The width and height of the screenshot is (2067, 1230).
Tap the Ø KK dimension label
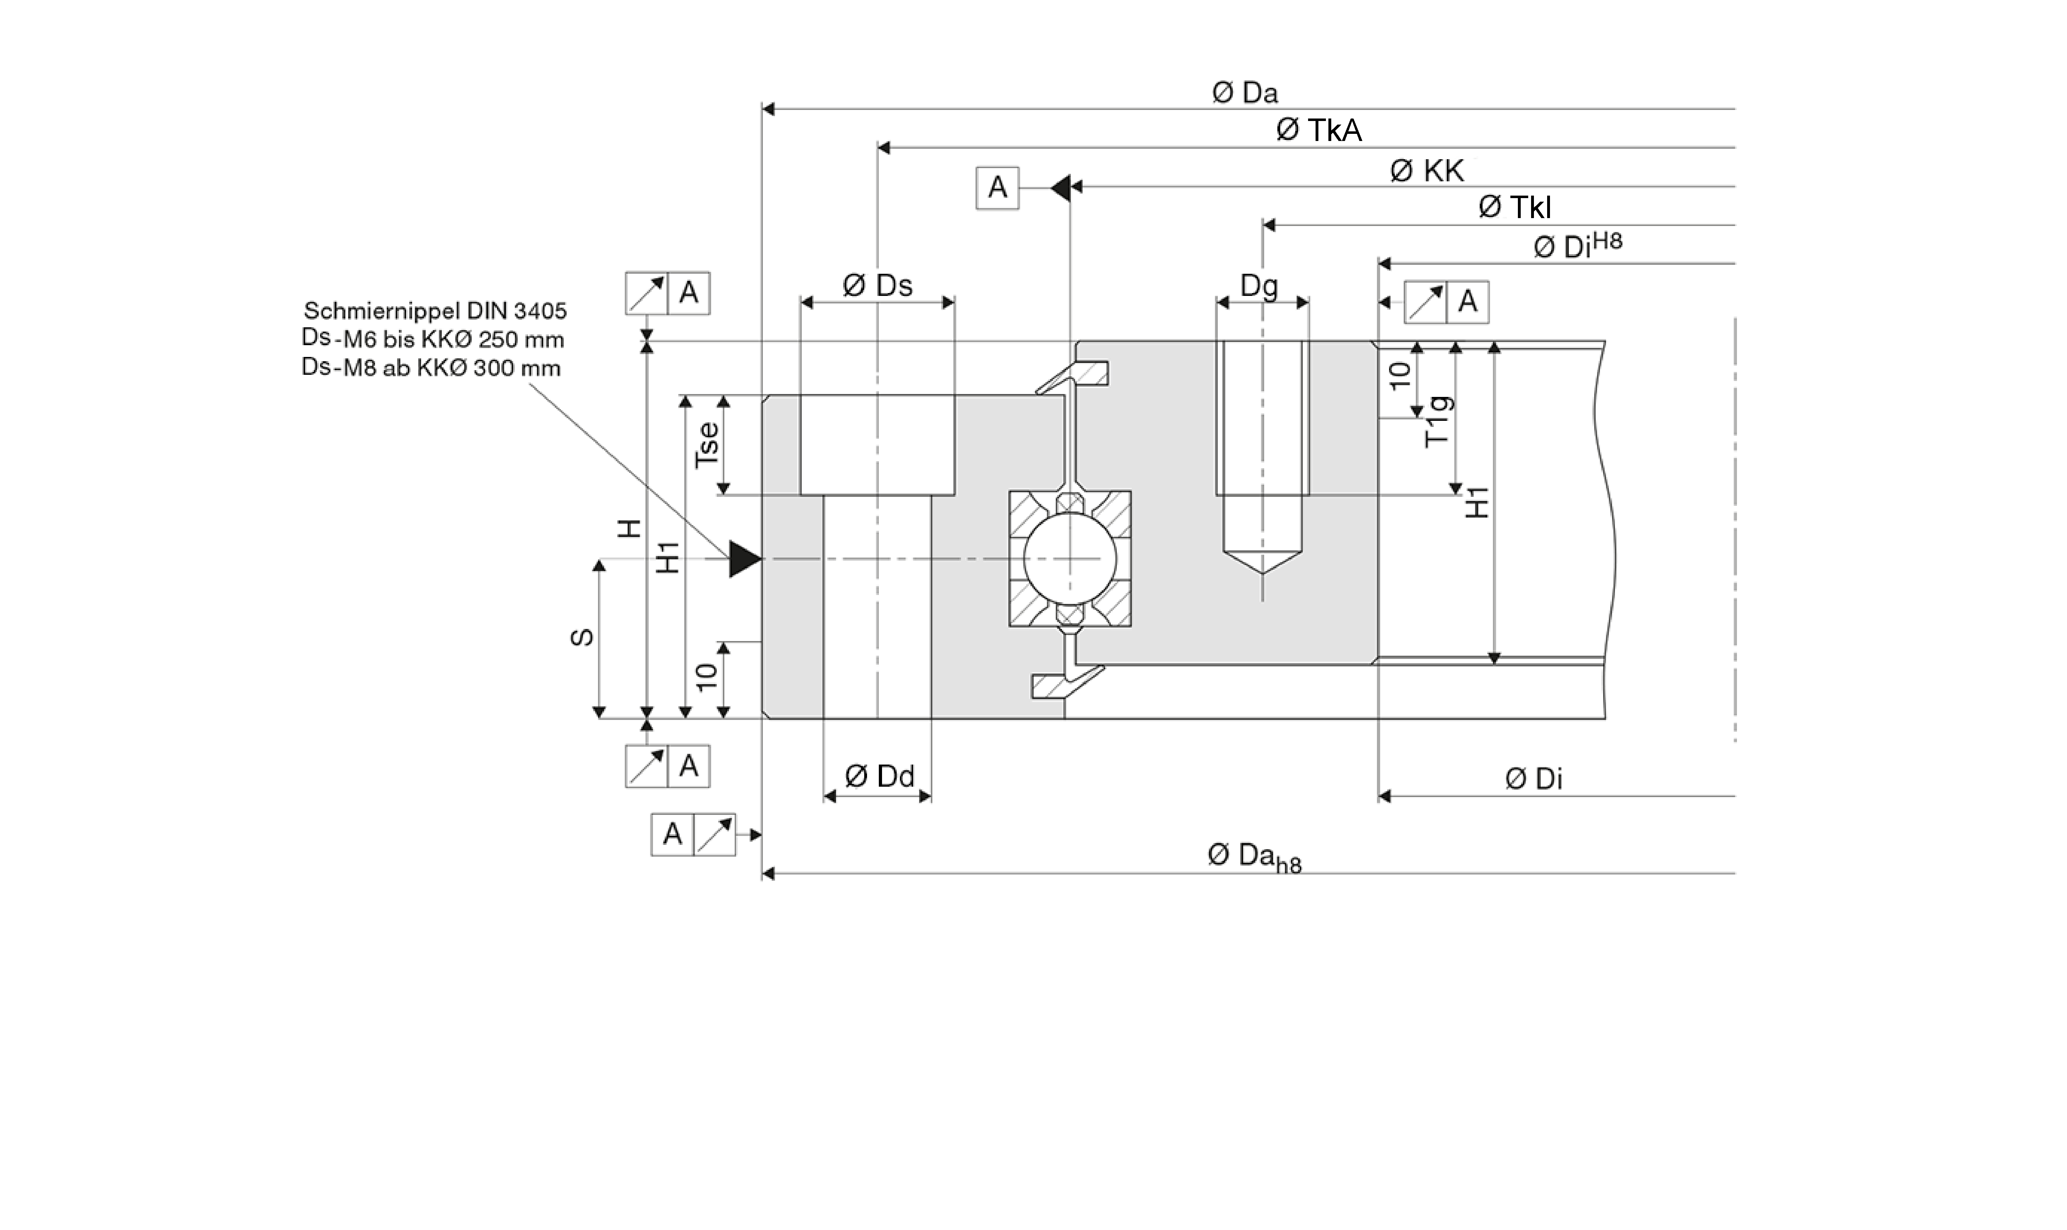point(1427,171)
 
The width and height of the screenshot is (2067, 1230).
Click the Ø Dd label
point(879,777)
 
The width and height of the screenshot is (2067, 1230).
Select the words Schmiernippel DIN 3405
point(435,311)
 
